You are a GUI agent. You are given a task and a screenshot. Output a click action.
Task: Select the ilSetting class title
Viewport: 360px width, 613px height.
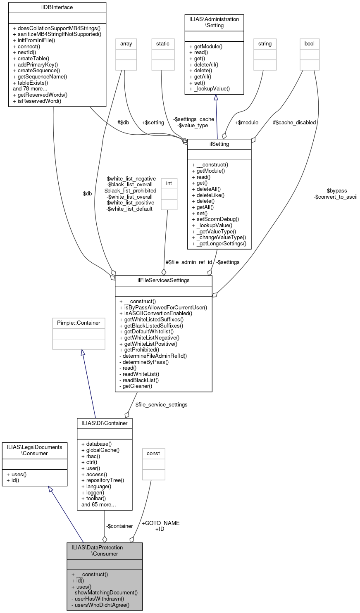coord(219,144)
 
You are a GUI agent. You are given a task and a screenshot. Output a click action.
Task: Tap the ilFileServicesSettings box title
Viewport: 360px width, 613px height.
coord(163,280)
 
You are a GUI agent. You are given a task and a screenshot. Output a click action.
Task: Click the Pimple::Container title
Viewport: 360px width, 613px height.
coord(79,322)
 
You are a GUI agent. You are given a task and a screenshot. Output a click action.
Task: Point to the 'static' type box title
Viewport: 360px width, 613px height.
coord(162,43)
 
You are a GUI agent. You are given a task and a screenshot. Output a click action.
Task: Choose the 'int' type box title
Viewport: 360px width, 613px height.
coord(169,183)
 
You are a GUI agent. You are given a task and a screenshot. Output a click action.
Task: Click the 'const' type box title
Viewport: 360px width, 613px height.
coord(153,453)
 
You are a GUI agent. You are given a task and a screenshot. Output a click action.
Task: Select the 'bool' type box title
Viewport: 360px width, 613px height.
coord(309,43)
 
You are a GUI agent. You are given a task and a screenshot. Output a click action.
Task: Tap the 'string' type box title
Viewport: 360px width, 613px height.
coord(265,43)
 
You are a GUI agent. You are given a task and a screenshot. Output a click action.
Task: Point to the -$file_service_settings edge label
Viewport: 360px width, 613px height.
coord(160,404)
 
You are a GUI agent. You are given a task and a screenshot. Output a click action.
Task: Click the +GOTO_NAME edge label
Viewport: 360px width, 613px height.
coord(160,523)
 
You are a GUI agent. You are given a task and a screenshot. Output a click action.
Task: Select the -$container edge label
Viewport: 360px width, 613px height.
coord(119,526)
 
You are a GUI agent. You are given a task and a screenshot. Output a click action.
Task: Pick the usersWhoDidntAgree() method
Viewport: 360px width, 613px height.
coord(100,605)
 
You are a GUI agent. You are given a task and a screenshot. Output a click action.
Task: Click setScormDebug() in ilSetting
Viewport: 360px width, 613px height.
coord(215,219)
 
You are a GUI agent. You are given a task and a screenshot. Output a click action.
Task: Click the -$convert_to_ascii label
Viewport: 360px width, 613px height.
coord(335,197)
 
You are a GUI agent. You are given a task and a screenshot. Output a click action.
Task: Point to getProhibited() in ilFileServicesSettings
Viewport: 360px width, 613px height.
coord(139,349)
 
